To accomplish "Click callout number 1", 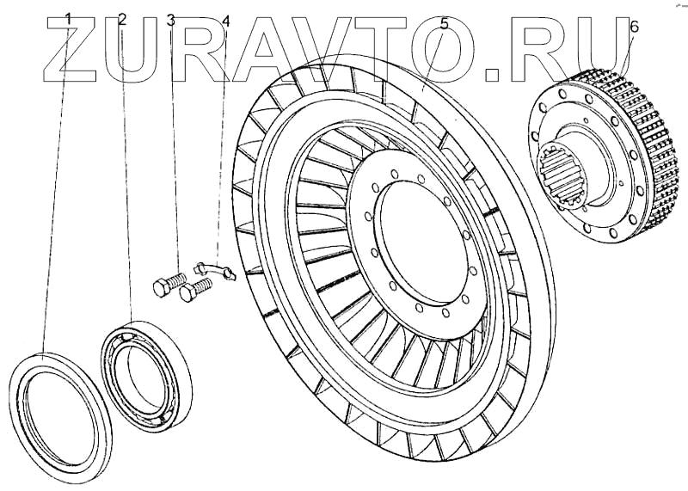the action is coord(69,18).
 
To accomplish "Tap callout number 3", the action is coord(171,18).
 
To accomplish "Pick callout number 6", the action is coord(634,27).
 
